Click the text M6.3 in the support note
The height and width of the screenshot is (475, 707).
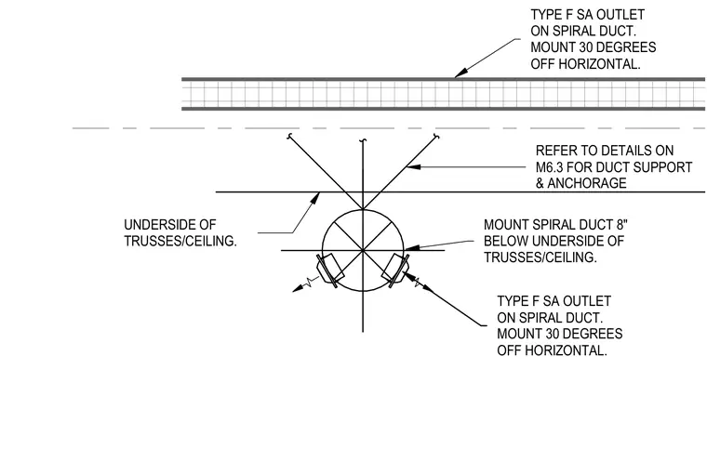tap(549, 167)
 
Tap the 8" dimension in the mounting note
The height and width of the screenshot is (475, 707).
tap(621, 224)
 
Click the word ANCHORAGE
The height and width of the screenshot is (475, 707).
tap(587, 183)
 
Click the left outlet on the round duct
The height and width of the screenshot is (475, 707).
tap(330, 270)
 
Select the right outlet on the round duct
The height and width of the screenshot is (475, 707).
tap(396, 270)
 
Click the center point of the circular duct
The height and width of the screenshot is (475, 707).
tap(363, 250)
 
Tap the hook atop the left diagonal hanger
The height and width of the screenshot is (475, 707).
tap(289, 137)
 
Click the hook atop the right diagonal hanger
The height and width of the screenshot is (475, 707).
tap(436, 137)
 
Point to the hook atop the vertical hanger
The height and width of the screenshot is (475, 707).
tap(363, 142)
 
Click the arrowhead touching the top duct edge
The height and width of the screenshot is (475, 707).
tap(460, 73)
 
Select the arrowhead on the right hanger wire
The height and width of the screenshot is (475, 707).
tap(413, 166)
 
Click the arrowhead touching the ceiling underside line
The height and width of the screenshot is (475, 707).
tap(316, 198)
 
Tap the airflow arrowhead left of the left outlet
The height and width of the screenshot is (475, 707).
tap(298, 289)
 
